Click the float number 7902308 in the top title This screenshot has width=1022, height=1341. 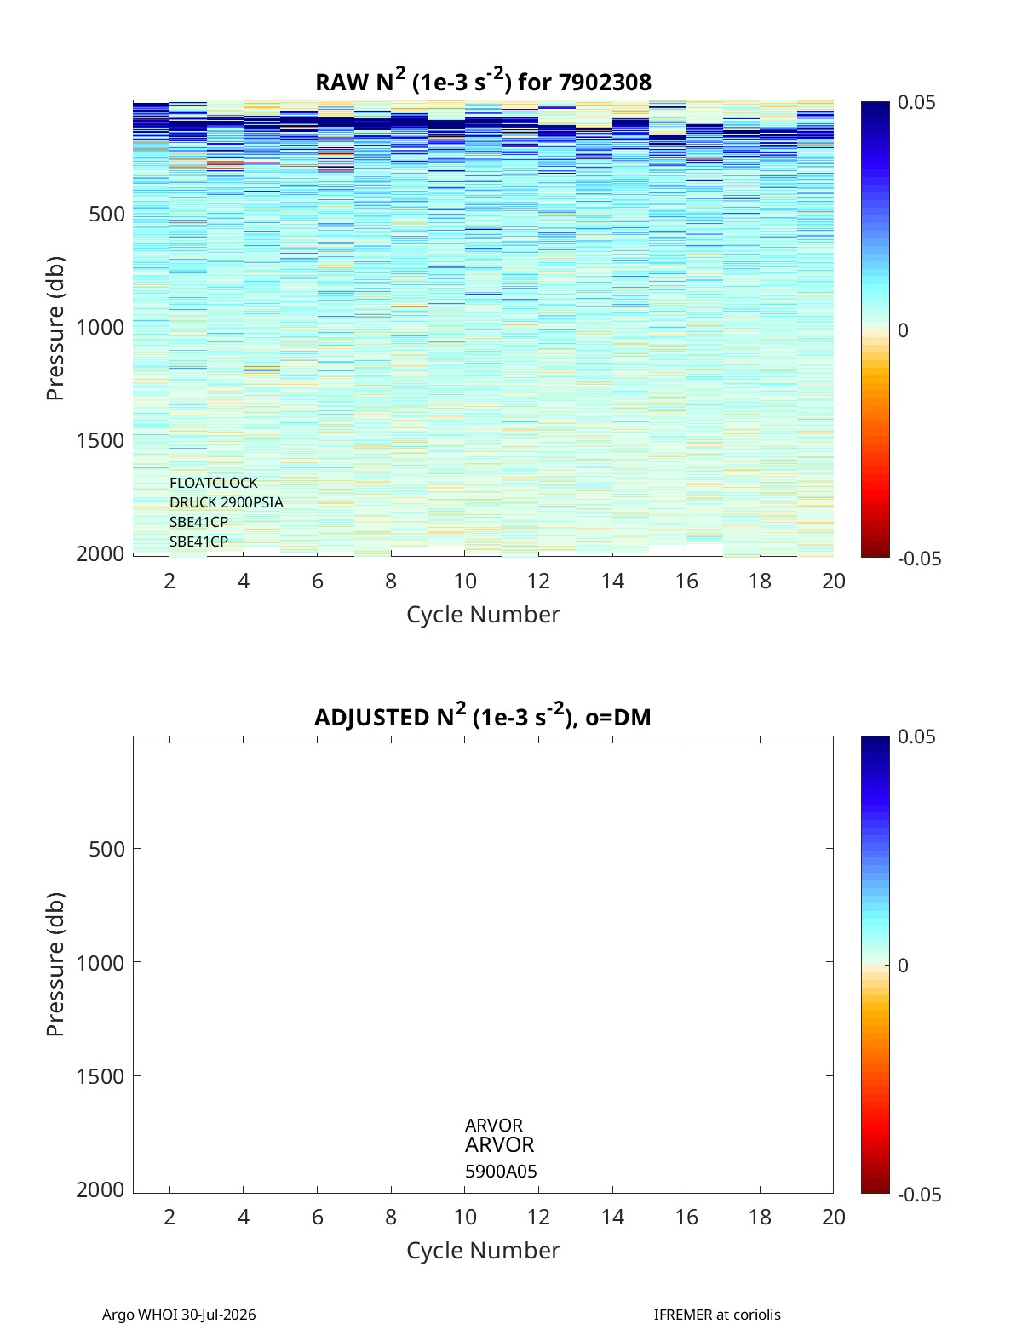(605, 83)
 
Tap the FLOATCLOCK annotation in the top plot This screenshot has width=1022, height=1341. (213, 483)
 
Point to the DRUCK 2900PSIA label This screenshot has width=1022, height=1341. (226, 502)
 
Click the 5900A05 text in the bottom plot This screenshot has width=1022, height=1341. (501, 1172)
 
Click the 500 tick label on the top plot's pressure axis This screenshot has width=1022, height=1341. (107, 215)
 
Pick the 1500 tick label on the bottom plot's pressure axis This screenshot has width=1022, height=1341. (100, 1076)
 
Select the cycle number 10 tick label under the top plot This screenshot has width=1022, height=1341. (465, 581)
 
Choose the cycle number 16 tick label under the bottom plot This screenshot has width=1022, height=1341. (686, 1217)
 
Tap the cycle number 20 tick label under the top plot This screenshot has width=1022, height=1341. (833, 581)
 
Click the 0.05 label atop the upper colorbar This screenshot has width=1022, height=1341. (916, 102)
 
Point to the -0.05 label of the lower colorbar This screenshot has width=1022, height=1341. (919, 1195)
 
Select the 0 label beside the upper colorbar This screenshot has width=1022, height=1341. (903, 330)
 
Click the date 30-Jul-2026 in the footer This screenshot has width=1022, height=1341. (218, 1315)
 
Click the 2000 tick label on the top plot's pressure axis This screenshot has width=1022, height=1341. (100, 554)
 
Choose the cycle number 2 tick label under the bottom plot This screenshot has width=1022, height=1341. (169, 1217)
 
